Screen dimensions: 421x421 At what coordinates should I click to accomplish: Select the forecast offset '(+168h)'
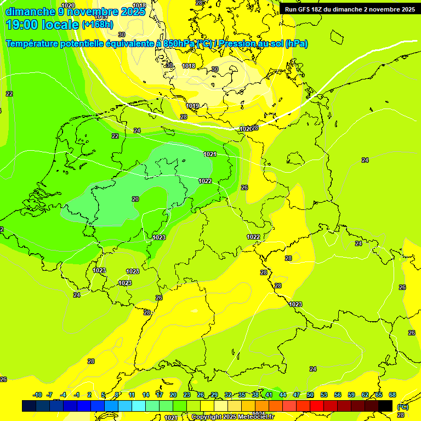[98, 25]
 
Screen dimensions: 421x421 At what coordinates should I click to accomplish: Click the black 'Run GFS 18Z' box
[350, 9]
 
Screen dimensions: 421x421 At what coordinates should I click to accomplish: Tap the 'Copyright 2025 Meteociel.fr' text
[232, 417]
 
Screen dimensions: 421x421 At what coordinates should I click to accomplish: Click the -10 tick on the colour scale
[37, 395]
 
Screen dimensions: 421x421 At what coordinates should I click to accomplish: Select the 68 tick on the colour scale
[392, 395]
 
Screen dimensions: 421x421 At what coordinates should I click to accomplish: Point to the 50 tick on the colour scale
[310, 395]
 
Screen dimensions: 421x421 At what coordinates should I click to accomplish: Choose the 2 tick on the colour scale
[89, 395]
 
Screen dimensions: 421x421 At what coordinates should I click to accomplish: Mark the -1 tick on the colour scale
[77, 395]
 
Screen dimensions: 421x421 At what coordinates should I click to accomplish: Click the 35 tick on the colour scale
[242, 395]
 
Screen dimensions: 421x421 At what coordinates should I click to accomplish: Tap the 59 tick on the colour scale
[351, 395]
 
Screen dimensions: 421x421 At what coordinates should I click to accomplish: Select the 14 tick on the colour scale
[146, 395]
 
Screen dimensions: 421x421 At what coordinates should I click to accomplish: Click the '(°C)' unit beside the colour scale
[403, 407]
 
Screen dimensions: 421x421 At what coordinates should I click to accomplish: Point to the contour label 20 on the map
[135, 199]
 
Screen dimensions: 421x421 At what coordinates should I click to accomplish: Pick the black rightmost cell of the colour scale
[385, 406]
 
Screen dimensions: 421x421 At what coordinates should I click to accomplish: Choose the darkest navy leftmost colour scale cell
[29, 406]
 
